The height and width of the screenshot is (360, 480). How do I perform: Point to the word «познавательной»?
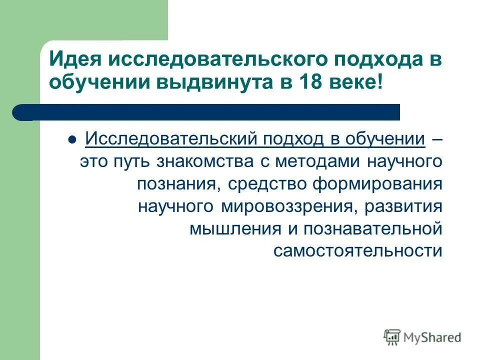369,229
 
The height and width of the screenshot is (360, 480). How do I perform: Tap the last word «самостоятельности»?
357,251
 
